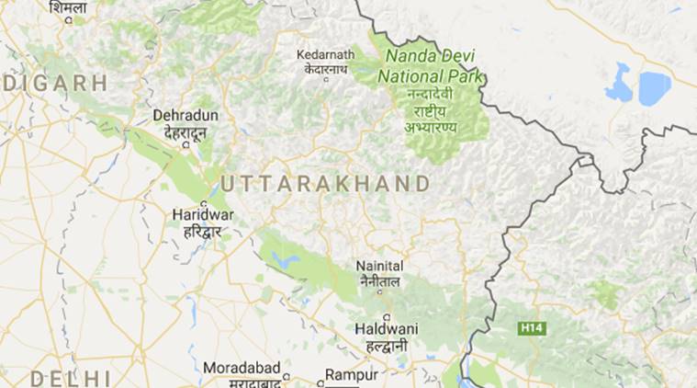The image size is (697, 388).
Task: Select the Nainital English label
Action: (380, 267)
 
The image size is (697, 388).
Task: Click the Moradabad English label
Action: (242, 368)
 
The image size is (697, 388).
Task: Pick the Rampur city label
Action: (352, 375)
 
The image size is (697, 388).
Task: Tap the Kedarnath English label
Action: (325, 54)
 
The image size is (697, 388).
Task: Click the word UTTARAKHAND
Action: (325, 184)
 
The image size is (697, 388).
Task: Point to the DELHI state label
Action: (70, 378)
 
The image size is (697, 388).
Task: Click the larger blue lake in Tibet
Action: (654, 88)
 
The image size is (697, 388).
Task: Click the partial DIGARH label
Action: (53, 83)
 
